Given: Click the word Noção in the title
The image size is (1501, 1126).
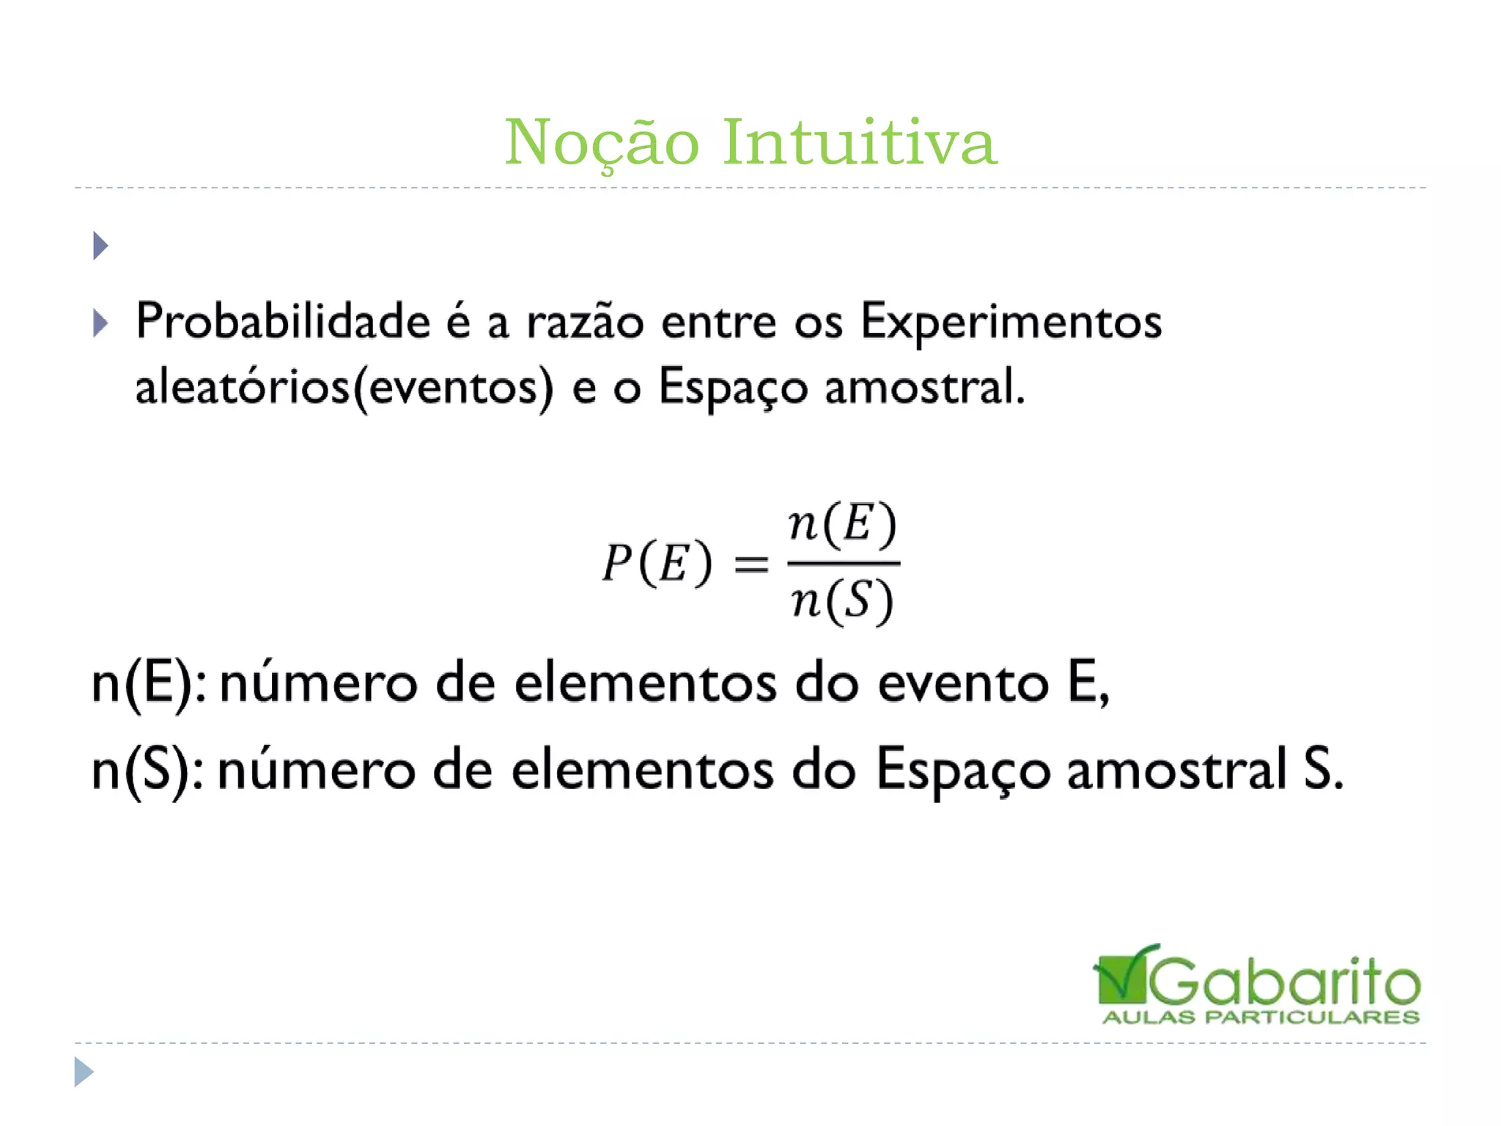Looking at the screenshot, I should [x=602, y=142].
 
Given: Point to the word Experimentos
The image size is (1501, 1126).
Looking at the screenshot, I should [x=1011, y=323].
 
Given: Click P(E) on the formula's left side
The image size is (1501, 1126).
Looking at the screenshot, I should [x=657, y=564].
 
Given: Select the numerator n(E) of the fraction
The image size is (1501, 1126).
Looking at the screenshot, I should [x=842, y=524].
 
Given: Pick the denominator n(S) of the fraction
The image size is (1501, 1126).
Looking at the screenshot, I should [x=842, y=601].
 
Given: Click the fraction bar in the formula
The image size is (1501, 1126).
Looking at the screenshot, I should [x=843, y=563].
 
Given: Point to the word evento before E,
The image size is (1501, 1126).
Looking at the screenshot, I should [x=963, y=684].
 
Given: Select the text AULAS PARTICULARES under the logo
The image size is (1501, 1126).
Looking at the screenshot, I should [x=1261, y=1018].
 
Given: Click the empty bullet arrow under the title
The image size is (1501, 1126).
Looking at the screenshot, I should [x=100, y=246].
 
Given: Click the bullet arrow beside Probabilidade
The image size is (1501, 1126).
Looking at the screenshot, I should [x=100, y=323].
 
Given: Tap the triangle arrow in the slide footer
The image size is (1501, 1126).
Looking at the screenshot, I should [x=84, y=1072].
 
